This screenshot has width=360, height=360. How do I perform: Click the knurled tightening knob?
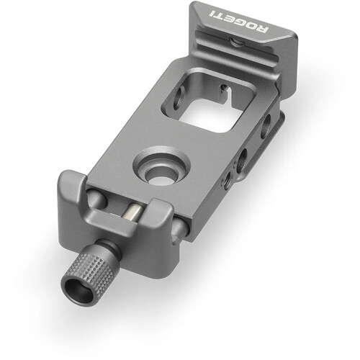tap(89, 272)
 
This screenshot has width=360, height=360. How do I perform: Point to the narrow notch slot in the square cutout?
tap(225, 91)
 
